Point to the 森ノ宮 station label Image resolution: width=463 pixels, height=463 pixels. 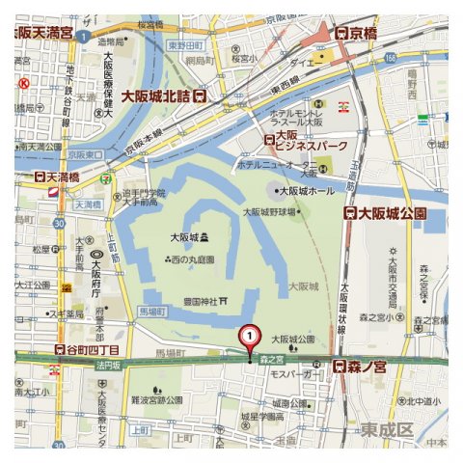click(360, 367)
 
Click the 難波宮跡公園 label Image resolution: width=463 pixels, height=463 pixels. click(158, 397)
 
